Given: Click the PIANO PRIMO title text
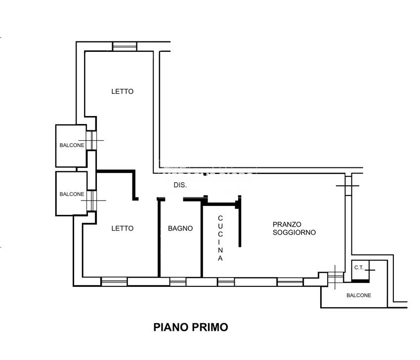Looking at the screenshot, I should tap(191, 327).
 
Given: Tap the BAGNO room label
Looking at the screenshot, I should tap(180, 229).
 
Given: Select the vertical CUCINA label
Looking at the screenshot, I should tap(220, 238).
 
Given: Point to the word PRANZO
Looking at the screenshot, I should tap(287, 224).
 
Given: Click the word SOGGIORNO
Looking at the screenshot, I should tap(294, 232).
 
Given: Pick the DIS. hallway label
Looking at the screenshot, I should tap(180, 186).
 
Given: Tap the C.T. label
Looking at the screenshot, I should tap(359, 268).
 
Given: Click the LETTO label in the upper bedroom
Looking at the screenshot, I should tap(122, 91).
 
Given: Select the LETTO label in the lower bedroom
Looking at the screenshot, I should tap(122, 229).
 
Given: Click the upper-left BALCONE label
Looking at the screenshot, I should tap(72, 145).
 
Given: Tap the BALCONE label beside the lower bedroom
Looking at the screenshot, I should tap(72, 194).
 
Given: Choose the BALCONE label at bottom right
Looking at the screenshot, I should tap(359, 295).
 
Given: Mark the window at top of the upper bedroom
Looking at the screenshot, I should tap(124, 46).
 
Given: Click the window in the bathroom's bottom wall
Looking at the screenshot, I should tap(178, 282).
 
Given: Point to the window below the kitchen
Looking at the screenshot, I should tap(226, 282).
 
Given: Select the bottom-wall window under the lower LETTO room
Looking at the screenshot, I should tap(114, 282).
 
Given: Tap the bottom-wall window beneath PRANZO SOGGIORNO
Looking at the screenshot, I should tap(290, 282).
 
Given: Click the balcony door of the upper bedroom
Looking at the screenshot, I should tap(91, 140).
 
